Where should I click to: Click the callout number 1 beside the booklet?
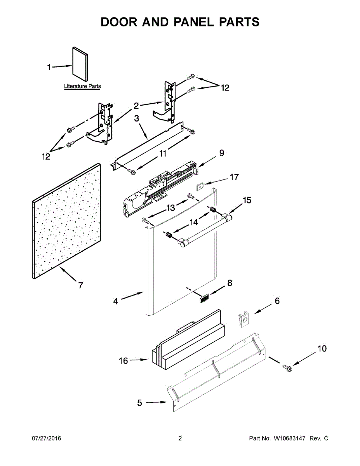[x=49, y=68]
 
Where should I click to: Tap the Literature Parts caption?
[x=82, y=86]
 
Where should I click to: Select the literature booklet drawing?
[x=80, y=64]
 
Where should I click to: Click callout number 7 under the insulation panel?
[x=80, y=285]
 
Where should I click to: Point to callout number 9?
[x=221, y=153]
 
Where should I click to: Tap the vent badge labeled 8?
[x=203, y=298]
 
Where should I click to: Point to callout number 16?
[x=123, y=361]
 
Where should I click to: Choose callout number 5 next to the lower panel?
[x=140, y=403]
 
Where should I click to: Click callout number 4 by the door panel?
[x=116, y=301]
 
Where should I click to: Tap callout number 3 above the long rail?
[x=137, y=118]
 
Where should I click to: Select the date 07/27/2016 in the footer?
[x=46, y=438]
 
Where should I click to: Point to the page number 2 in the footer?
[x=180, y=438]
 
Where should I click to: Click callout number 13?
[x=171, y=208]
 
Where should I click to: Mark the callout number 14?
[x=194, y=222]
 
